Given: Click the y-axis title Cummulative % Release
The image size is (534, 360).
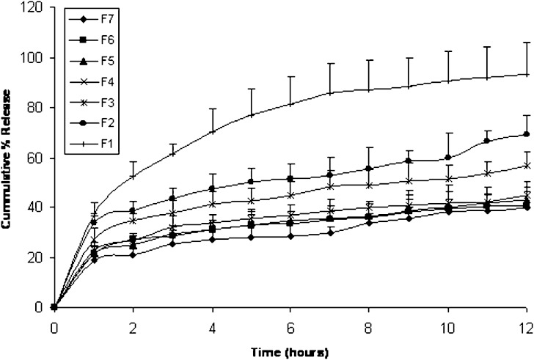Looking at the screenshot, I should (x=9, y=158).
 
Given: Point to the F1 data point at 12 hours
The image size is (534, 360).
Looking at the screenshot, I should (x=527, y=74).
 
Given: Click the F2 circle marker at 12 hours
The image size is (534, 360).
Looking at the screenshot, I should (x=527, y=134).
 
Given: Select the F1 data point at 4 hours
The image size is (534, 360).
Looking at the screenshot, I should (x=212, y=132).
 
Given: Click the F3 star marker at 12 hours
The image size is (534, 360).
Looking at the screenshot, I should (x=527, y=165).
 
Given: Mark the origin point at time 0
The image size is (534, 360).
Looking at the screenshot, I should (x=54, y=307).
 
